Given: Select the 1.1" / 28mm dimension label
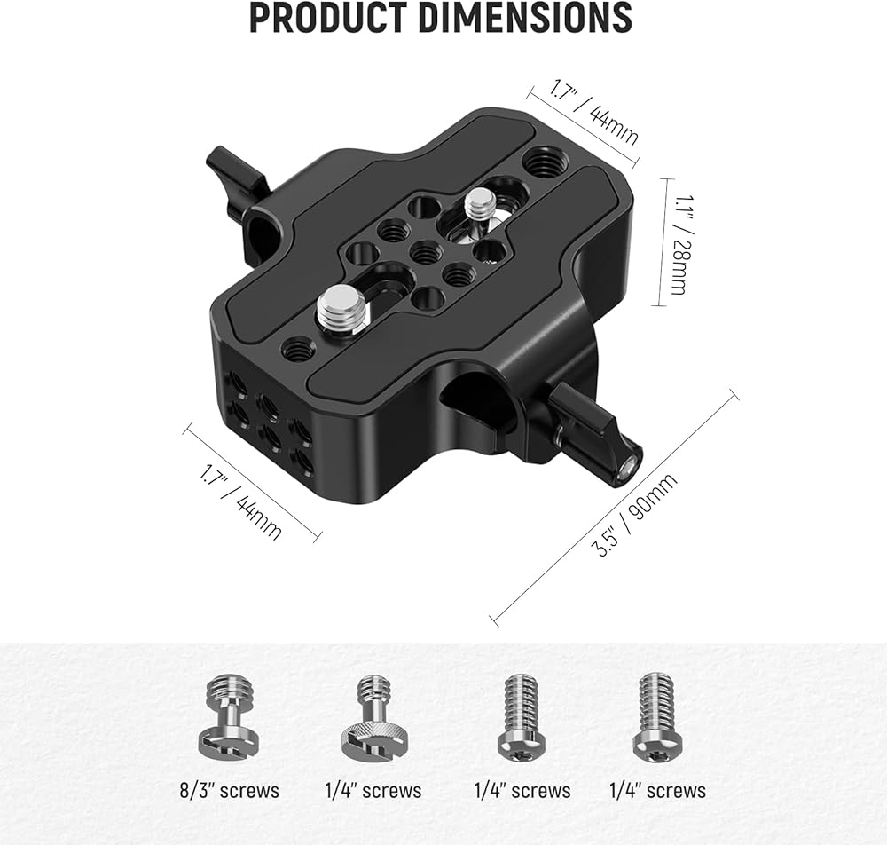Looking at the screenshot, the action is [682, 244].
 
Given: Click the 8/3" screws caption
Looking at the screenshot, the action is [229, 790].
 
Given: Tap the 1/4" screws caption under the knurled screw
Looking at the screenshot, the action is [373, 790].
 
